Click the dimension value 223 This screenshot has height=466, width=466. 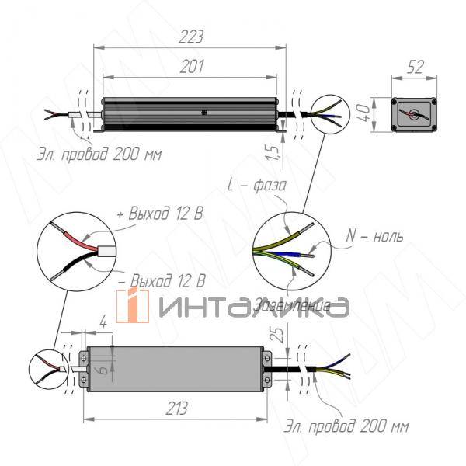[189, 36]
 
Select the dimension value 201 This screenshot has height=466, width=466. [189, 67]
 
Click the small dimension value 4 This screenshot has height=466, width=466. [104, 319]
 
